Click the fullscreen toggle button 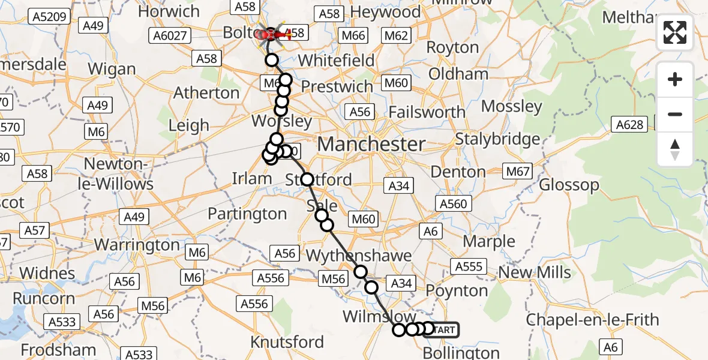tap(675, 32)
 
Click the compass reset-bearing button tap(675, 149)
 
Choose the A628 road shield tap(629, 125)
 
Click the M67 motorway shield tap(518, 172)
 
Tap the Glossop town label tap(569, 184)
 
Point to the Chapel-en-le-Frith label tap(592, 320)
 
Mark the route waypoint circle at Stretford tap(307, 179)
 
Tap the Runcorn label tap(44, 298)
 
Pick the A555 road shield tap(469, 266)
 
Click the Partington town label tap(247, 214)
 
